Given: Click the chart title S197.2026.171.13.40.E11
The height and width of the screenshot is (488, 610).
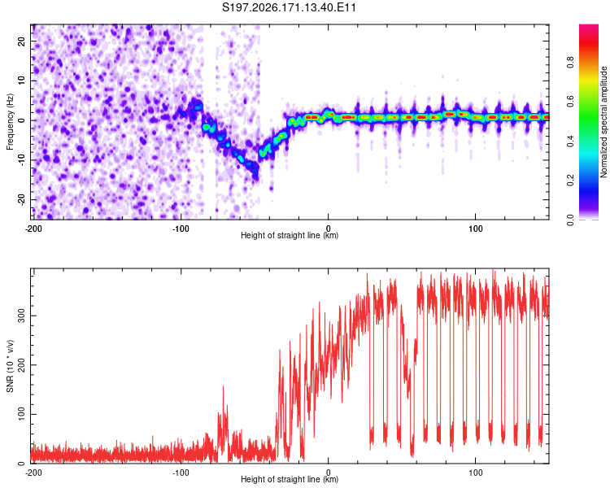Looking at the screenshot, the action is tap(289, 7).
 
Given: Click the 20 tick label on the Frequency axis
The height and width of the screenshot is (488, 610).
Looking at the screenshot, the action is tap(22, 41).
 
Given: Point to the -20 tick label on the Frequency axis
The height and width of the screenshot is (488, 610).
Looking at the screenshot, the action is tap(22, 200).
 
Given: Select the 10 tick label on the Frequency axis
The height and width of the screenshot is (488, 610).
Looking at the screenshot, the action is tap(22, 81).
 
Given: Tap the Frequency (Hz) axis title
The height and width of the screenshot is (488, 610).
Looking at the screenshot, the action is tap(10, 122).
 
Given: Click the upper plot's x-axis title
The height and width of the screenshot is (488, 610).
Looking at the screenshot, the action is tap(290, 235).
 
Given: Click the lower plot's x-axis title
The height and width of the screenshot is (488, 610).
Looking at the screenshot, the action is tap(290, 479).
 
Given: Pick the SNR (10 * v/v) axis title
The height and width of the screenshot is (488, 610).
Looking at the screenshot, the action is tap(10, 366).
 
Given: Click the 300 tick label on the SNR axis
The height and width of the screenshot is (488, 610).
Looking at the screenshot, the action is tap(22, 316).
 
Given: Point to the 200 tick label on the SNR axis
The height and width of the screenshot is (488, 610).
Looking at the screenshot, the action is tap(22, 364).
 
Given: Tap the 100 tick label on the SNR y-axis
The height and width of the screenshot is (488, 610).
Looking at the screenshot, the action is tap(22, 414).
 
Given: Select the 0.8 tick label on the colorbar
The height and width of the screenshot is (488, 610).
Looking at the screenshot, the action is tap(570, 63).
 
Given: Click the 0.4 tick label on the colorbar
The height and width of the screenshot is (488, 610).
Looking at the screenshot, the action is tap(570, 141).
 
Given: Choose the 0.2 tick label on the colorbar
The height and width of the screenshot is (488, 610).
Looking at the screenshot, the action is tap(570, 181).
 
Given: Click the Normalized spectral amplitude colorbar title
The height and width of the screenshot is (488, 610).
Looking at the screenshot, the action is tap(603, 122).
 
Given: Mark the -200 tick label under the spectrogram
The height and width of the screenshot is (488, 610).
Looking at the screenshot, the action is tap(33, 229).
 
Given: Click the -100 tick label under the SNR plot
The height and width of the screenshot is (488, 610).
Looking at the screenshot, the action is tap(181, 473).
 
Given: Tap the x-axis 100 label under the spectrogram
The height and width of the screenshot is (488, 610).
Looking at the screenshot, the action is tap(476, 229).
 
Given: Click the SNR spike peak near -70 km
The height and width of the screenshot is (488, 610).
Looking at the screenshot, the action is tap(223, 386).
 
